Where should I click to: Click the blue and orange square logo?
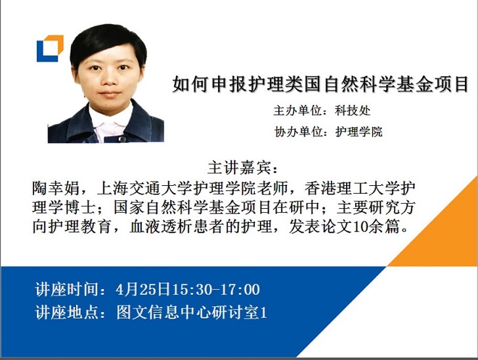pyautogui.click(x=49, y=48)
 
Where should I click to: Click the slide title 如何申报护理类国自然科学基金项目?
pyautogui.click(x=320, y=85)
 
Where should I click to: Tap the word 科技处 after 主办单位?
pyautogui.click(x=353, y=110)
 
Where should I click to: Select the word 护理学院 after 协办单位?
pyautogui.click(x=358, y=131)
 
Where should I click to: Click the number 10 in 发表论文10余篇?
pyautogui.click(x=355, y=229)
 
